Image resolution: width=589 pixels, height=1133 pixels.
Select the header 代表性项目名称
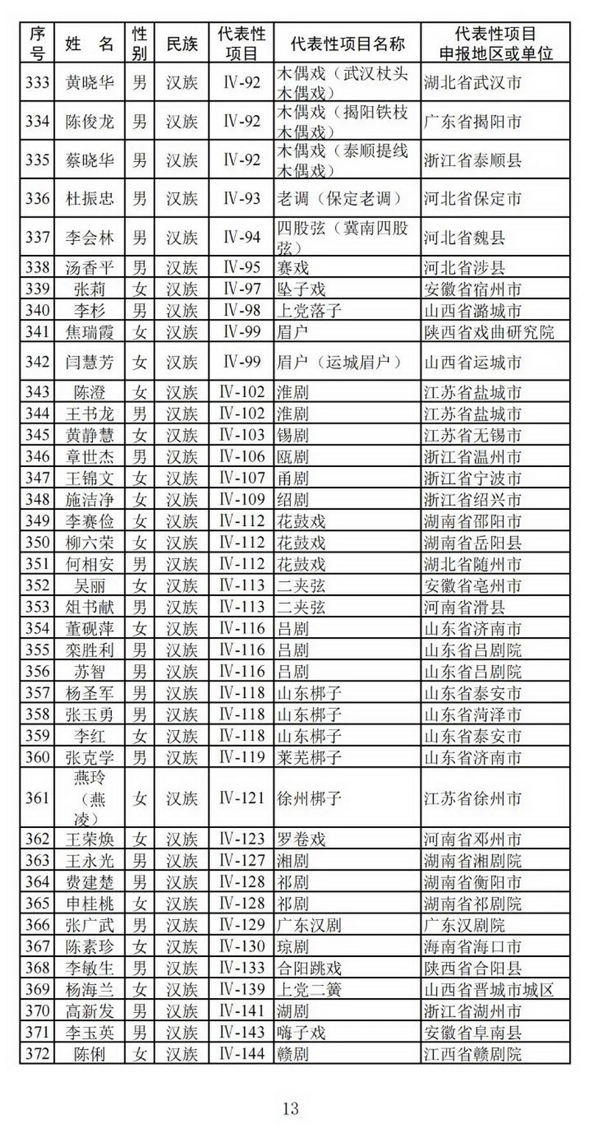pos(348,43)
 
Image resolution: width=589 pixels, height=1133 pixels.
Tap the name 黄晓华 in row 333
pos(89,83)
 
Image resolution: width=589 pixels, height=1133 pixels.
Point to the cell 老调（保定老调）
pos(339,198)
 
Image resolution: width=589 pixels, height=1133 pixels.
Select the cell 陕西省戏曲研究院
pos(489,332)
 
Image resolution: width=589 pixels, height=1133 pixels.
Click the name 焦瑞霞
pos(89,332)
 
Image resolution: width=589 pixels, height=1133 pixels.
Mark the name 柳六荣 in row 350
pos(89,543)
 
